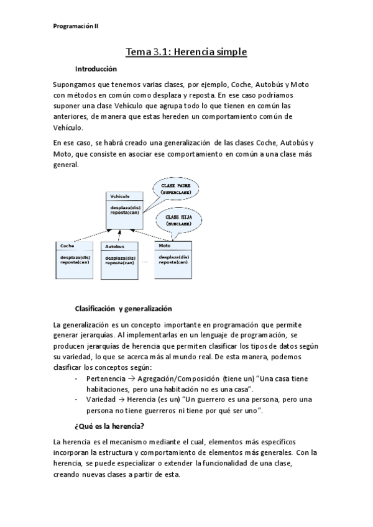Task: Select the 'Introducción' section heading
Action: tap(96, 68)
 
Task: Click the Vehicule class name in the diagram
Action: tap(120, 196)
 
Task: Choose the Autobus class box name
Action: tap(115, 247)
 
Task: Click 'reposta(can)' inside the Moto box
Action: tap(174, 262)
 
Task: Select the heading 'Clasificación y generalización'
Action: tap(123, 308)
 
